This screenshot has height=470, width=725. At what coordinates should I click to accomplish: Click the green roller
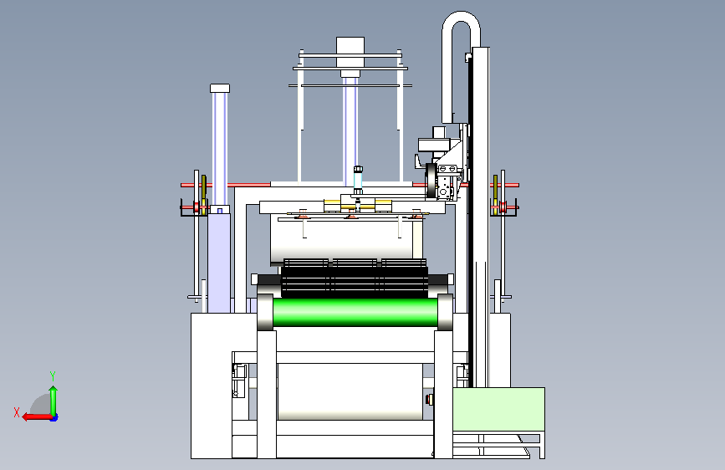click(355, 312)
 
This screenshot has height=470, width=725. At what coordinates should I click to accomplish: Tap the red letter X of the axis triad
click(17, 412)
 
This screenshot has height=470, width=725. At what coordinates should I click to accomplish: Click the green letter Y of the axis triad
click(53, 376)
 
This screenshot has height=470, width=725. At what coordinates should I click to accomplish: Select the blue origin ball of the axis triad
click(54, 417)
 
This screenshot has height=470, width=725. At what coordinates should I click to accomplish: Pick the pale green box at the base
click(498, 410)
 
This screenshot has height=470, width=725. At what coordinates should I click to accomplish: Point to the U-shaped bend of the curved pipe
click(461, 21)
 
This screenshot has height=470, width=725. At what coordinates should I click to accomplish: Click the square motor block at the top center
click(350, 45)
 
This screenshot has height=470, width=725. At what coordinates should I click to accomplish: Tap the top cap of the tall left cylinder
click(220, 88)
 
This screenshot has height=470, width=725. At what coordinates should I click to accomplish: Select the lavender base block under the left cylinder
click(219, 263)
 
